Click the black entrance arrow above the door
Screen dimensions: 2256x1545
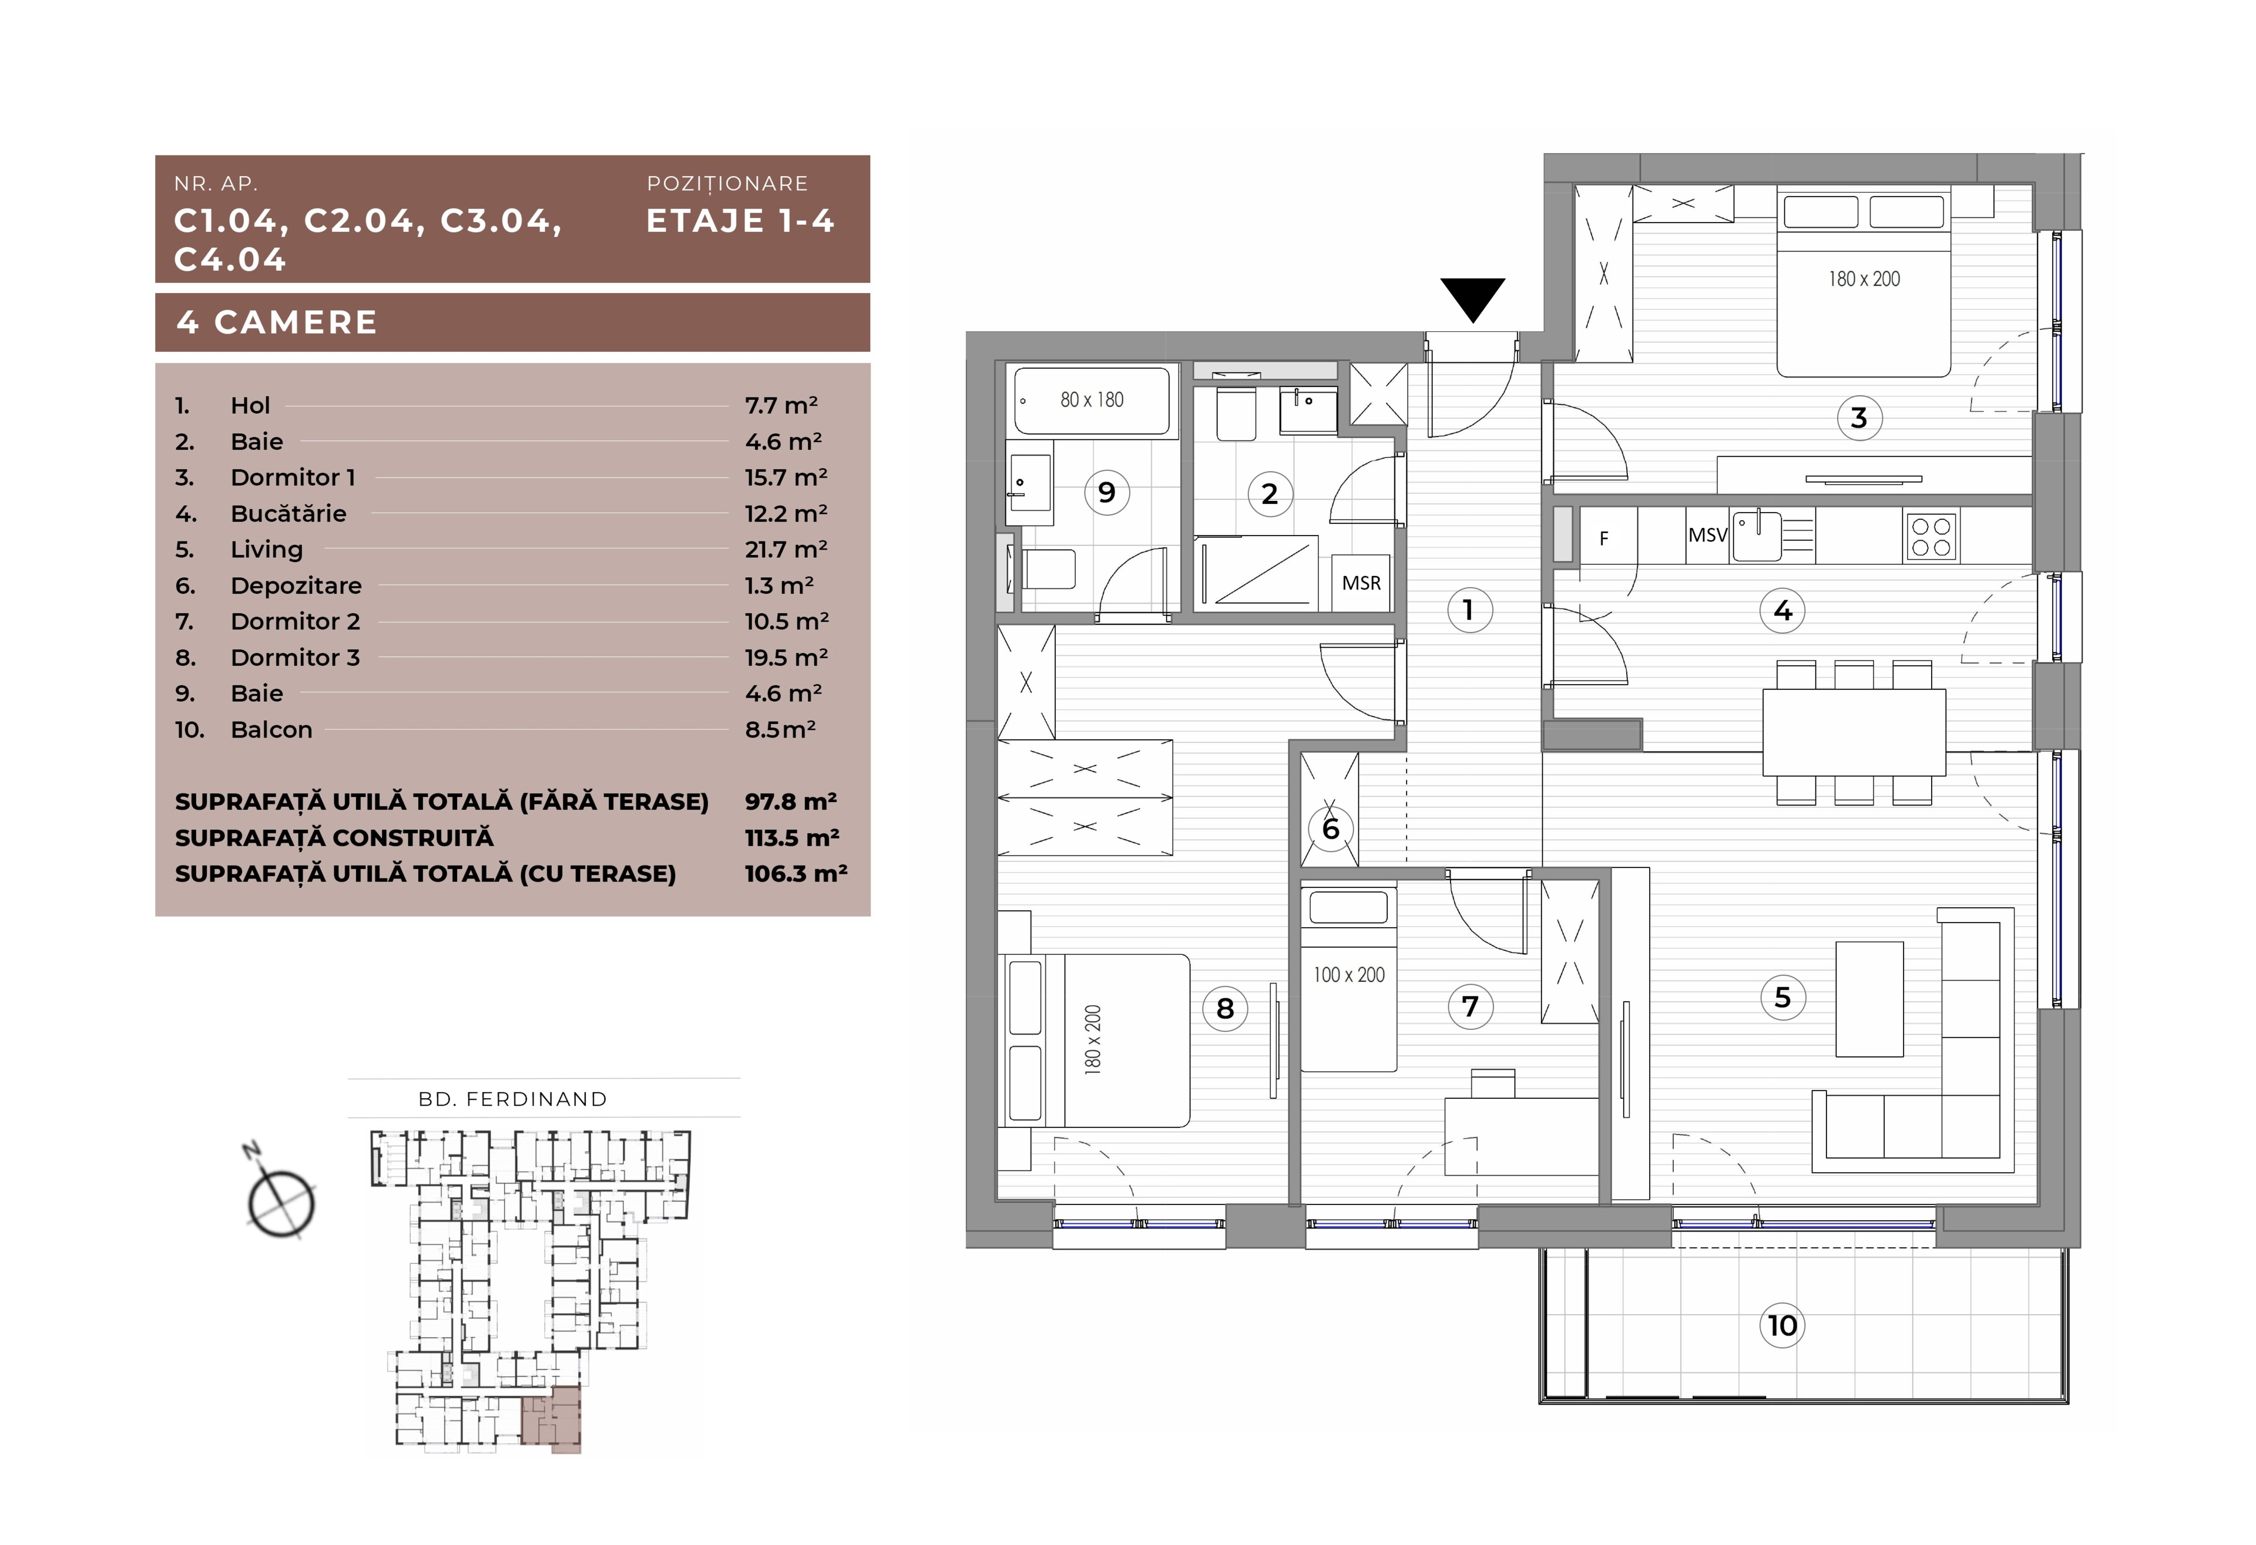pos(1473,298)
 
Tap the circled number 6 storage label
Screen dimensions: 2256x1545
pos(1330,828)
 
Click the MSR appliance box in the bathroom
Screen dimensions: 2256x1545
pos(1361,583)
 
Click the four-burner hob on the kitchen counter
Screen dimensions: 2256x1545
pos(1931,536)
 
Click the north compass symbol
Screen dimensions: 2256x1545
pos(281,1196)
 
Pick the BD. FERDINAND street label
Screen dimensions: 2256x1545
pos(512,1099)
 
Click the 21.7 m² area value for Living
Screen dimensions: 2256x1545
pos(786,549)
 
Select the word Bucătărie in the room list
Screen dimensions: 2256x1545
pos(288,513)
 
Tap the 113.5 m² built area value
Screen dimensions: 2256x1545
pos(792,837)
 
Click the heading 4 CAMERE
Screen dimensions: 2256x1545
pos(277,322)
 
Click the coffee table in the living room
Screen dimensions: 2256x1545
pos(1869,999)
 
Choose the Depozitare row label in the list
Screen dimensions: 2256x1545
pos(296,585)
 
